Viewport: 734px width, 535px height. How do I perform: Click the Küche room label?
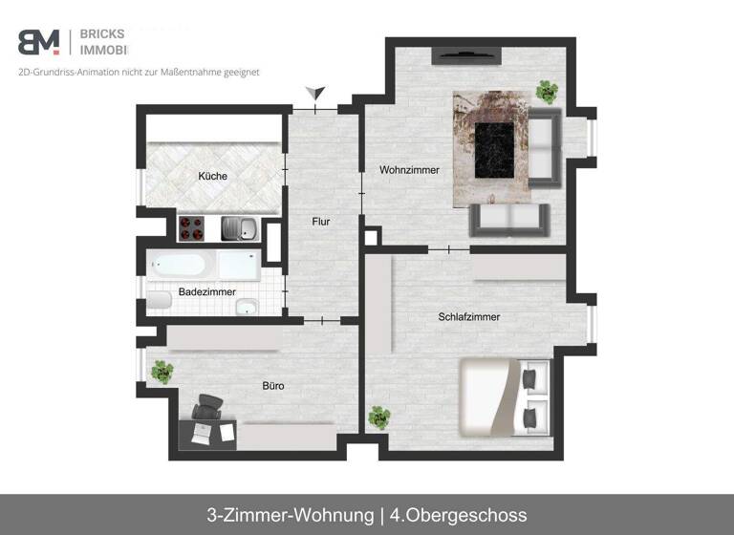(x=212, y=176)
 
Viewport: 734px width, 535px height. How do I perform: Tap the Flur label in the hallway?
(x=320, y=222)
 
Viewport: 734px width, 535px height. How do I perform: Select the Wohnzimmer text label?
(x=409, y=170)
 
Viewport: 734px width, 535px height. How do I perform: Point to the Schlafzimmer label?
(x=469, y=317)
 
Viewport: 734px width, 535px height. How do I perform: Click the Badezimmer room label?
(x=206, y=291)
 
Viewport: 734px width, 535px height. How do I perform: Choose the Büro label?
(x=273, y=386)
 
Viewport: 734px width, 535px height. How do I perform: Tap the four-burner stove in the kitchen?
(x=191, y=229)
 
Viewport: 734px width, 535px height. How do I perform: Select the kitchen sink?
(x=238, y=229)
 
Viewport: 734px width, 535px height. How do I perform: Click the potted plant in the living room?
(x=547, y=92)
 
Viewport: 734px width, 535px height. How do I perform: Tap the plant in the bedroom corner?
(x=378, y=417)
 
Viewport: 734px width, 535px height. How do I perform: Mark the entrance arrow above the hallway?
(x=316, y=94)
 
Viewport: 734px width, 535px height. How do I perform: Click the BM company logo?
(x=39, y=42)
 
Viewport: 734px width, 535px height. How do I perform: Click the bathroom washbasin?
(x=247, y=307)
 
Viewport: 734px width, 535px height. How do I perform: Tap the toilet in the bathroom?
(x=159, y=300)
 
